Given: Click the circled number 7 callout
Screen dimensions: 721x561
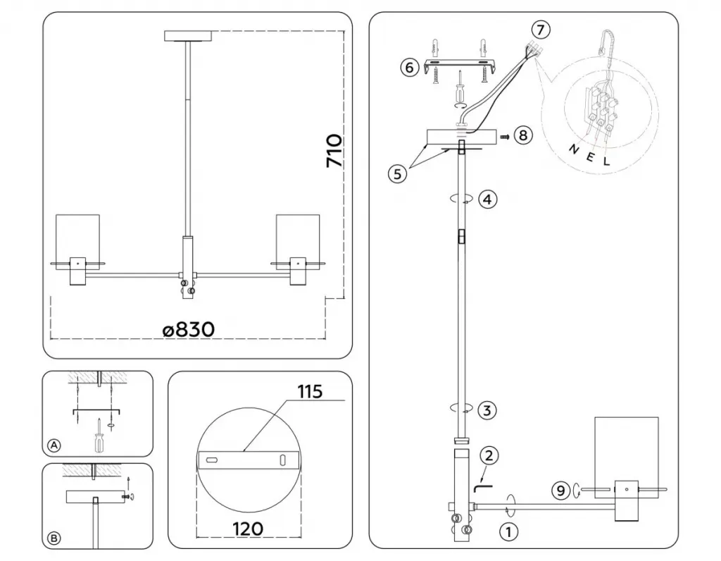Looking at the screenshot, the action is click(540, 30).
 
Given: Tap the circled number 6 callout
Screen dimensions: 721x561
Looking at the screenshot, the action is click(410, 68).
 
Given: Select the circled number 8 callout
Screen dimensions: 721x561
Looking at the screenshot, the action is click(523, 136).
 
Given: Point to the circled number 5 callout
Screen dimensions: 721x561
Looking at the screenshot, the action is click(398, 174).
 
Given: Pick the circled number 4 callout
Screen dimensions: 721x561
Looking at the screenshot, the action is click(487, 199).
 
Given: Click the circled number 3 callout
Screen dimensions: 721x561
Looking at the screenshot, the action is click(487, 410).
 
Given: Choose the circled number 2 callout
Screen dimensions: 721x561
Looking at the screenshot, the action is click(489, 455).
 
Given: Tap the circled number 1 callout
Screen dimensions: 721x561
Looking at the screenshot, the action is click(508, 533).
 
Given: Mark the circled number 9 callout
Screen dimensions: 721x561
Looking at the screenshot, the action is click(560, 491).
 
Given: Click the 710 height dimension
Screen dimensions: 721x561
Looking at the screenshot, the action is click(334, 151).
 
